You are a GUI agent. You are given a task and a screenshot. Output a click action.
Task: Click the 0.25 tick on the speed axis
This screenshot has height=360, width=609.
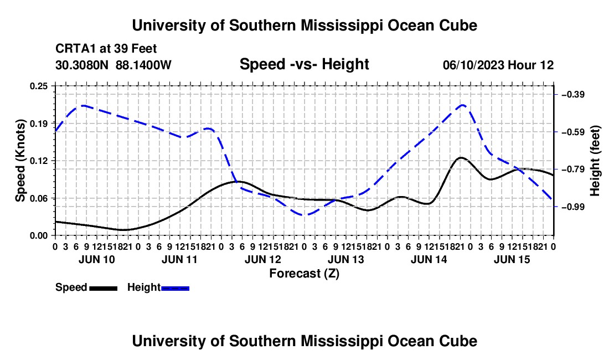tap(38, 86)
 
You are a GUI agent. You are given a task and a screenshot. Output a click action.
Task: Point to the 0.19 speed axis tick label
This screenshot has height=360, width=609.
tap(38, 124)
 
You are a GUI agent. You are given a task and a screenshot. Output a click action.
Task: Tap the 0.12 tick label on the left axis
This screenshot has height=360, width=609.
tap(38, 161)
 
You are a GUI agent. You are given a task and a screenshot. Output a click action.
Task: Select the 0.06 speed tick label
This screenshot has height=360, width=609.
tap(38, 198)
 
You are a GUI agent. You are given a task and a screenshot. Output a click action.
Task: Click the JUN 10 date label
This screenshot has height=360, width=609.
tap(97, 259)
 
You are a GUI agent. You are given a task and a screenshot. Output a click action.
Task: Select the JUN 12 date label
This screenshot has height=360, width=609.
tap(262, 259)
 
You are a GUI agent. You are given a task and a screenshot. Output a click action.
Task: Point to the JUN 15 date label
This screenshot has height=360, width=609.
tap(512, 259)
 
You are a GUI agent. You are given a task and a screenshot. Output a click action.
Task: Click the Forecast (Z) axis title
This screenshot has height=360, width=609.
tap(304, 274)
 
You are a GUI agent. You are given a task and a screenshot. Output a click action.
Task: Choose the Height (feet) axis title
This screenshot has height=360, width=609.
tap(595, 161)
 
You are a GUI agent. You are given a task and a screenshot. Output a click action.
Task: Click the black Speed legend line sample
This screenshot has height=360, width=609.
tap(104, 289)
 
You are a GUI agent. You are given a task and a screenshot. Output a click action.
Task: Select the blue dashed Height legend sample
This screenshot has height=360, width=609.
tap(175, 289)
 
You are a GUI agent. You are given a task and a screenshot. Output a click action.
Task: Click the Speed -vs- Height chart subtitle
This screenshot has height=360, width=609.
tap(304, 64)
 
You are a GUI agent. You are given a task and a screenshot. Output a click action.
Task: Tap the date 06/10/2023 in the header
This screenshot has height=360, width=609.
tap(473, 65)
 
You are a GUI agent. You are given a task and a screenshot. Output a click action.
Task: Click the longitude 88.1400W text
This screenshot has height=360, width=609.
tap(143, 65)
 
